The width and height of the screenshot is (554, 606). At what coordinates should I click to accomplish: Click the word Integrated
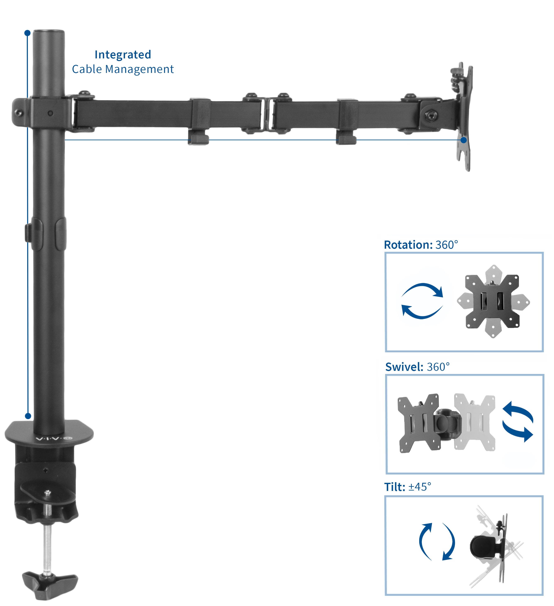[x=123, y=55]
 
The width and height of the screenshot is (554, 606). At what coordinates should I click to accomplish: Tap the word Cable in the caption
[x=87, y=69]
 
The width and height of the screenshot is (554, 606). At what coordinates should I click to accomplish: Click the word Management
[x=139, y=69]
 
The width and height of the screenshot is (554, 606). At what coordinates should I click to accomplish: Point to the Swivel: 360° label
[x=417, y=367]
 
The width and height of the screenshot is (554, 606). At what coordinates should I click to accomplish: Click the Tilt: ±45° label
[x=407, y=487]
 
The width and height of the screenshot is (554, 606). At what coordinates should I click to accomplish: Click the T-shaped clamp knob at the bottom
[x=50, y=585]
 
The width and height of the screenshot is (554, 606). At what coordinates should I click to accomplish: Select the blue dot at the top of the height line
[x=27, y=33]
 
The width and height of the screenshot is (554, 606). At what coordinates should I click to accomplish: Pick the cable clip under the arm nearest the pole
[x=198, y=138]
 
